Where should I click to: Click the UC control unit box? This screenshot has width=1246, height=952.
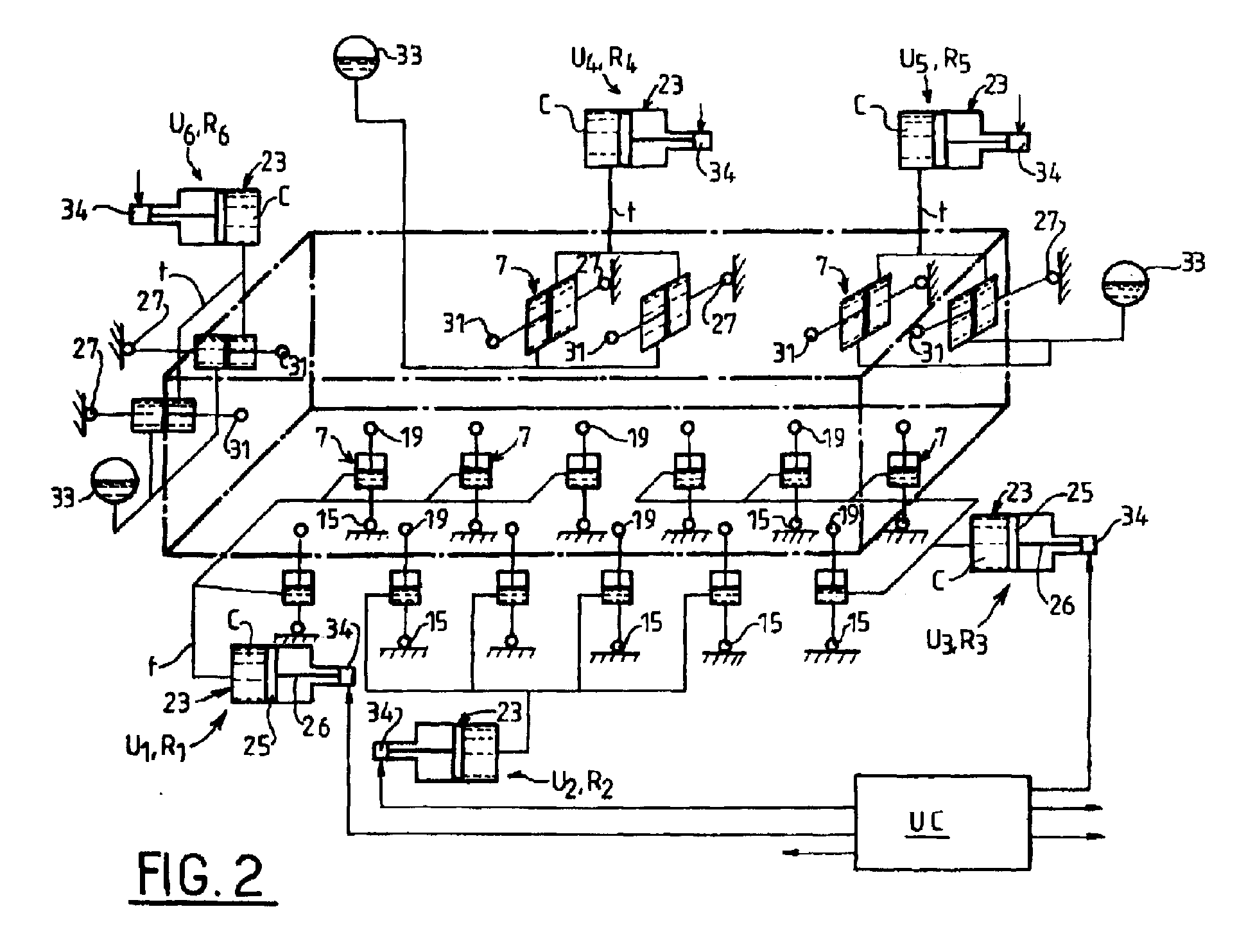942,822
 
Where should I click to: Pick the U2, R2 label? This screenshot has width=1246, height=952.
578,786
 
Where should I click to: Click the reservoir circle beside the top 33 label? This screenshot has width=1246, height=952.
354,57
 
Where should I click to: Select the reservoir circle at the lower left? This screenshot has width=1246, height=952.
115,481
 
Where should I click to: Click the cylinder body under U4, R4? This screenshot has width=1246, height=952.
626,139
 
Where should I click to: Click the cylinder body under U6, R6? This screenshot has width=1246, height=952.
219,216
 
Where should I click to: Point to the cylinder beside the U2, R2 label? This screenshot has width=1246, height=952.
456,752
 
